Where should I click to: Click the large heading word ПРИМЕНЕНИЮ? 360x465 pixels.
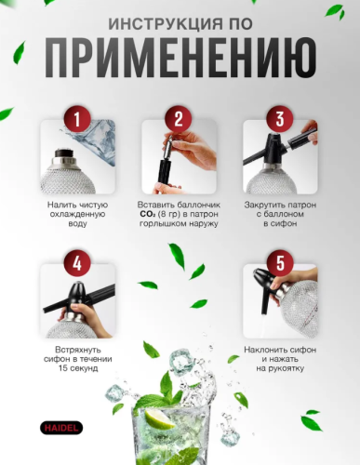pos(180,59)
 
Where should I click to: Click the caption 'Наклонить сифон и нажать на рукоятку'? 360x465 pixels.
pos(276,358)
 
